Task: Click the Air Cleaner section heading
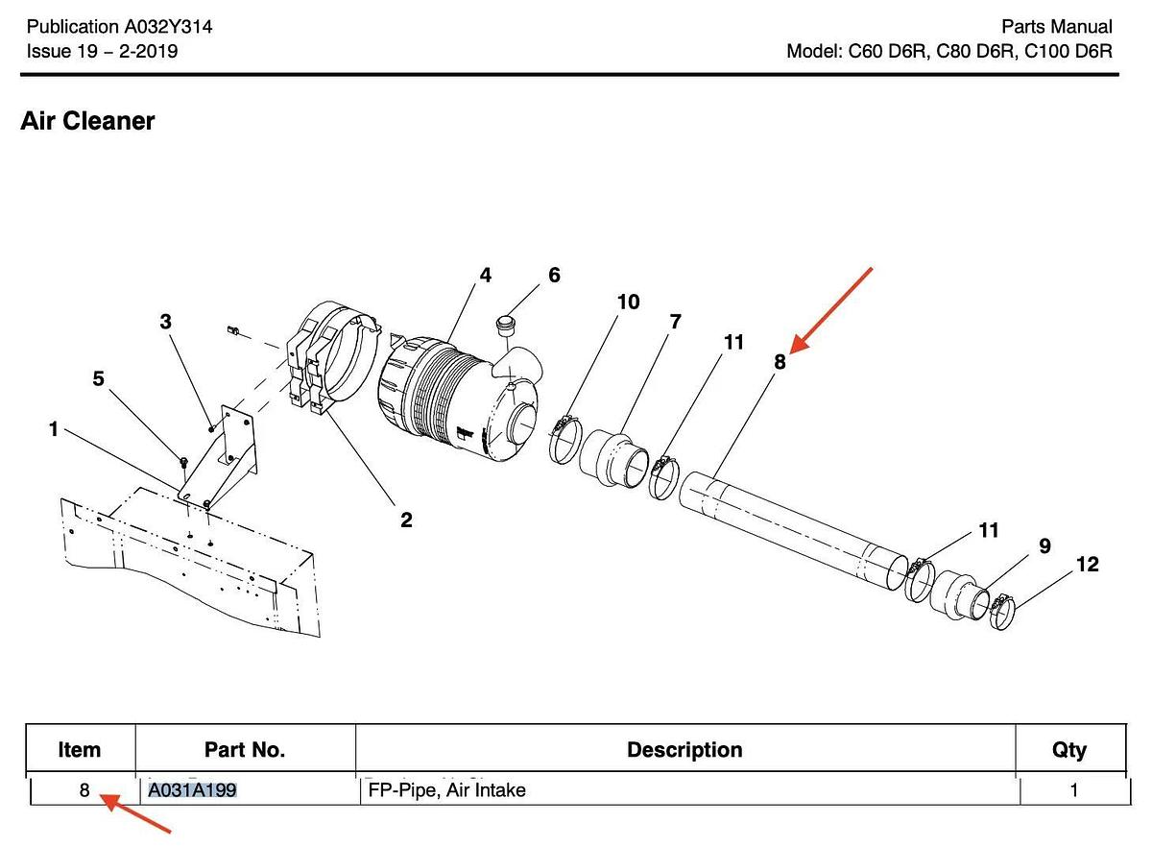(x=87, y=122)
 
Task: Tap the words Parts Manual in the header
(x=1056, y=27)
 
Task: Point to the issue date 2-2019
(x=145, y=51)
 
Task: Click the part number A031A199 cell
(x=193, y=791)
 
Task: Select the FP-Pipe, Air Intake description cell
(x=447, y=791)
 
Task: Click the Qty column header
(x=1069, y=750)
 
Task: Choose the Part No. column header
(x=245, y=750)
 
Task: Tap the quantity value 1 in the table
(x=1074, y=791)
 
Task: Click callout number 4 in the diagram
(x=486, y=276)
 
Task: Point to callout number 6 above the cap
(x=554, y=276)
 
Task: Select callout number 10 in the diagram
(x=628, y=302)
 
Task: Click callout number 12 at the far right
(x=1087, y=565)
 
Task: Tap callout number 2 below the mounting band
(x=406, y=520)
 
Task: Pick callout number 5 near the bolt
(x=98, y=378)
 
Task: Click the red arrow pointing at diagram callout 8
(x=833, y=306)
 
